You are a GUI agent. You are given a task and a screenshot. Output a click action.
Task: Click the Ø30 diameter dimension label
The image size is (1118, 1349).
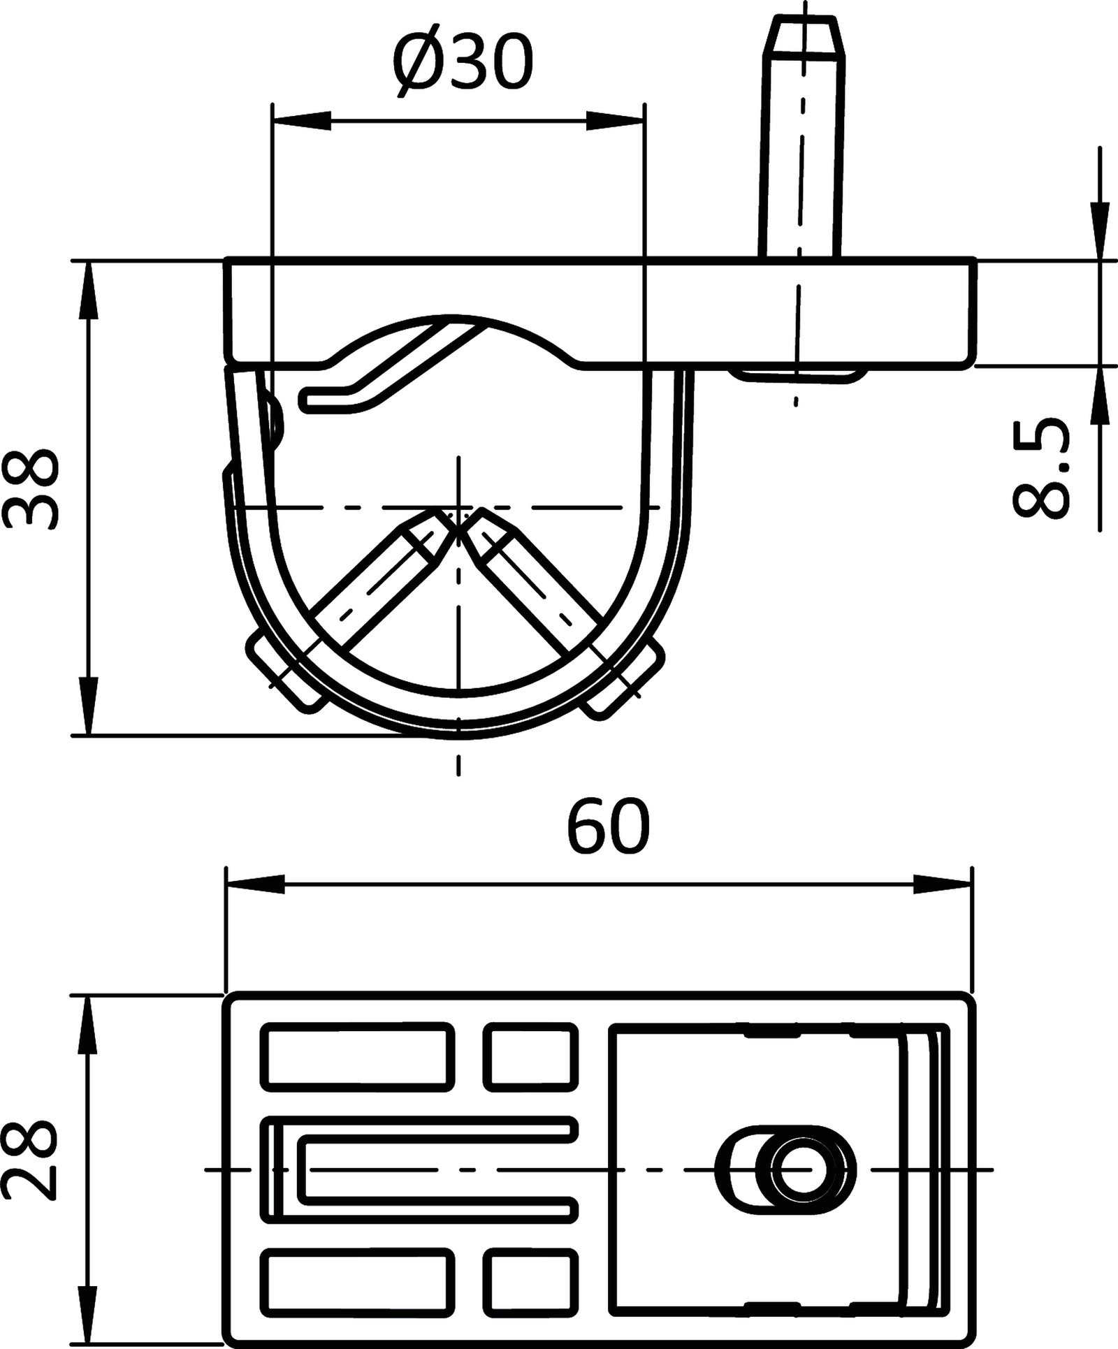[463, 64]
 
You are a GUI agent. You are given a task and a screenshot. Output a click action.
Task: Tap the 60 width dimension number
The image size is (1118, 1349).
[608, 828]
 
